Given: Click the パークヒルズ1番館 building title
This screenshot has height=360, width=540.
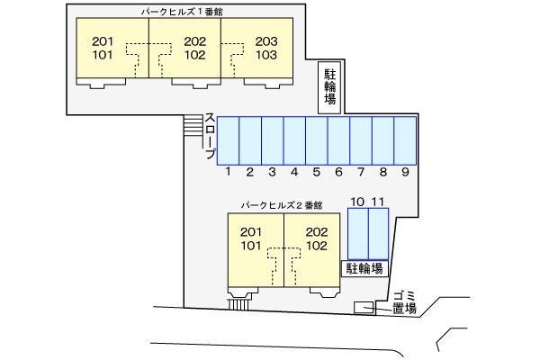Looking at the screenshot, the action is point(182,12).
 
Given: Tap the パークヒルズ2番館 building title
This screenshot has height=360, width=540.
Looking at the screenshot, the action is point(282,205).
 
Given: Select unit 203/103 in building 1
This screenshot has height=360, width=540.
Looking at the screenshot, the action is point(256,48).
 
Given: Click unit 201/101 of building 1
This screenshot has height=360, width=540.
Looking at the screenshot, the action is point(112,48).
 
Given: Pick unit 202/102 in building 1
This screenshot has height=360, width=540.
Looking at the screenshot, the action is point(184,48).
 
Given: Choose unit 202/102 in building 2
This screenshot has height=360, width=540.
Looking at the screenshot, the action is point(312,250).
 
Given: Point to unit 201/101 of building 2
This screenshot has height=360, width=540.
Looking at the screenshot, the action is point(256,250).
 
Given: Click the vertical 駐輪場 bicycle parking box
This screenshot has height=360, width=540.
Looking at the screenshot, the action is point(329,87).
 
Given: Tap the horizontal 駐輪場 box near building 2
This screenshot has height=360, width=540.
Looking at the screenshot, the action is point(364,268).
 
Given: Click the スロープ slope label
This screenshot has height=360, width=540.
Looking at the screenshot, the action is point(211,136).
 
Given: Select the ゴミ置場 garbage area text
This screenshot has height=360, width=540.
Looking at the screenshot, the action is point(405,302).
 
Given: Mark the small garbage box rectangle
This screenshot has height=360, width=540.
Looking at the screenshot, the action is point(364,307).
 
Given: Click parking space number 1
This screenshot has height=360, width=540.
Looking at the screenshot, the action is point(228,141).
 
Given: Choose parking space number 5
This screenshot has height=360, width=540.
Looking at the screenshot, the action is point(317,141).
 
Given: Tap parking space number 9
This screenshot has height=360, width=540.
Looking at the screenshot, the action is point(405,141).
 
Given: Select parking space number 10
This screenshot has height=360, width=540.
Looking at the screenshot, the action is point(358,234).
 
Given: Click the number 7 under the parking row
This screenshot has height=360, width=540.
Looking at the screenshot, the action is point(361,172).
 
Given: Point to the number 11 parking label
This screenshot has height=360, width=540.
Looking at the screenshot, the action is point(378,202).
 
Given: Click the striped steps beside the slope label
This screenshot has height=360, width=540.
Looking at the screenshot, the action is point(193,125).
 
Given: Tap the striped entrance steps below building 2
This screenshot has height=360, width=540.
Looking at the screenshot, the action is point(238,304).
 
